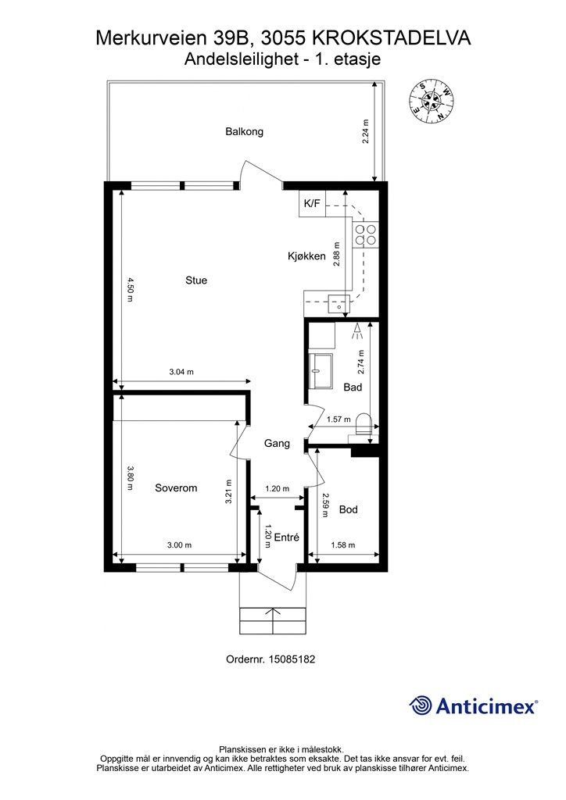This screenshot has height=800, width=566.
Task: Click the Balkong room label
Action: pos(245,131)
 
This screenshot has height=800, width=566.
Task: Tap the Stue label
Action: pos(196,280)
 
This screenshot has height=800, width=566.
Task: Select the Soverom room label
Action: pos(176,487)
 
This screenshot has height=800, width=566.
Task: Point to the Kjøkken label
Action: pos(306,256)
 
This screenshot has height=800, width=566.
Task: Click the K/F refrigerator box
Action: pos(312,204)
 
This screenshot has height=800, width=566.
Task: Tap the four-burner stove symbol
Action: pos(365,234)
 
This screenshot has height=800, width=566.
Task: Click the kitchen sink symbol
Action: pos(339,304)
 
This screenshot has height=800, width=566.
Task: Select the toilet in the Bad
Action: pos(363,423)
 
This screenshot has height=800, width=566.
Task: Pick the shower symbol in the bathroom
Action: pos(356,330)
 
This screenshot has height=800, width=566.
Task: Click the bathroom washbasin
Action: pos(321,366)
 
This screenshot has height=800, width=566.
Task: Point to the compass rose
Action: pos(432,102)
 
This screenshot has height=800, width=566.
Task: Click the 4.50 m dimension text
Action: pos(131,289)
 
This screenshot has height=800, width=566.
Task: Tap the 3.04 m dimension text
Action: pos(181,372)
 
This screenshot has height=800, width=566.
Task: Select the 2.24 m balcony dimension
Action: pos(365,131)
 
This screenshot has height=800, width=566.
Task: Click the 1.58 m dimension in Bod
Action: pos(343,545)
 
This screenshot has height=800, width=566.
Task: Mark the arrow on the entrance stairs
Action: pos(273,620)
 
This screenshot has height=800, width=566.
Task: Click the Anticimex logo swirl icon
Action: pos(421,705)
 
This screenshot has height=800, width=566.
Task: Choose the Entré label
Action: pos(286,537)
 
